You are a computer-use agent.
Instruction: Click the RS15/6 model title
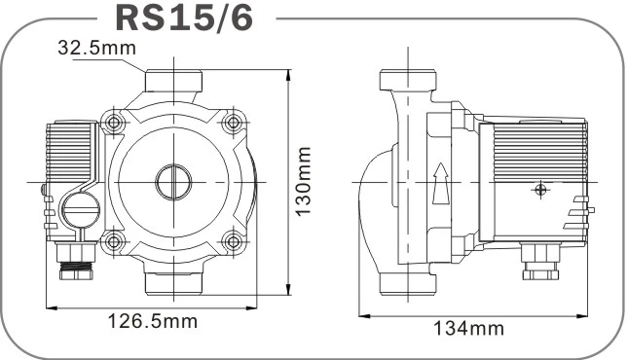[184, 18]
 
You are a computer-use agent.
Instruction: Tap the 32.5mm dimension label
[97, 48]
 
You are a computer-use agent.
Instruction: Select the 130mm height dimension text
[303, 181]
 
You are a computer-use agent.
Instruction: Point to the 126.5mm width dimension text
[153, 321]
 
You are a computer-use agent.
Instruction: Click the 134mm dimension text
[469, 328]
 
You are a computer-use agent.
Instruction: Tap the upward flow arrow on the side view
[440, 183]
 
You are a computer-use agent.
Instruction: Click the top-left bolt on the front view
[113, 122]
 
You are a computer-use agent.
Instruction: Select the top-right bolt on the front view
[233, 122]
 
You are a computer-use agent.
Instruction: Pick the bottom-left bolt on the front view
[113, 241]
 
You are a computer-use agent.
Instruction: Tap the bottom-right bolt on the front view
[233, 241]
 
